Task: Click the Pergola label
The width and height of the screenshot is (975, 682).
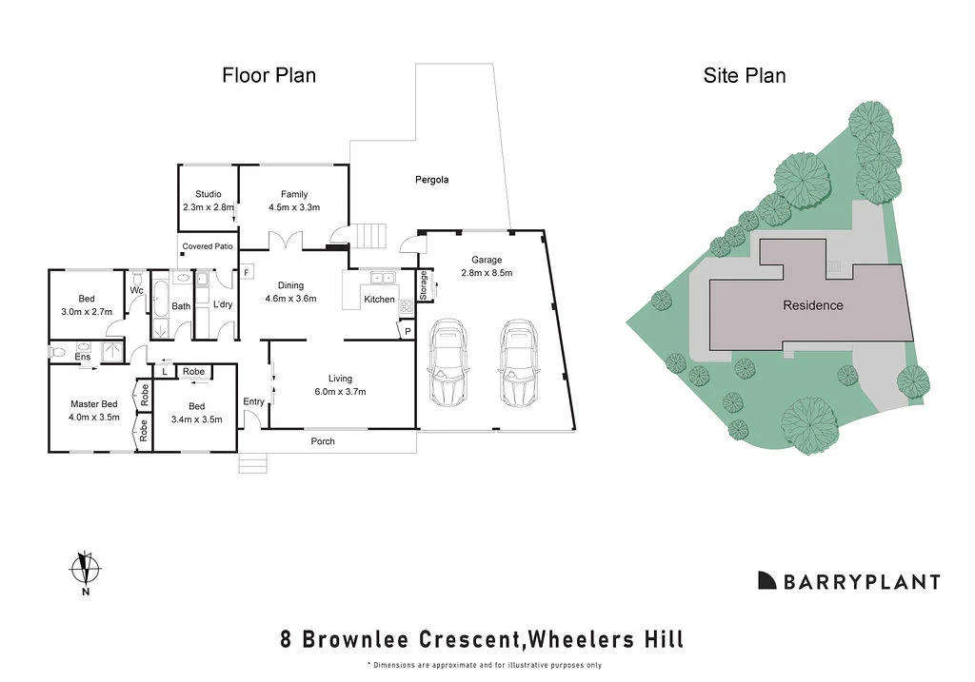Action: tap(431, 180)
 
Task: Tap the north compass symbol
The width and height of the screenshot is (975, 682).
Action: tap(85, 569)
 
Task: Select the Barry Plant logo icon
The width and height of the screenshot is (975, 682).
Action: tap(766, 580)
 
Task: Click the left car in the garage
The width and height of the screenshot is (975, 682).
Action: tap(448, 361)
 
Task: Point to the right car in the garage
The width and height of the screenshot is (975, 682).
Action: tap(518, 361)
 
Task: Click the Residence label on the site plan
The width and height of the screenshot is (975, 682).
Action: tap(813, 305)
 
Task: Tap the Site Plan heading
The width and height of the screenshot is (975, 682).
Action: tap(745, 76)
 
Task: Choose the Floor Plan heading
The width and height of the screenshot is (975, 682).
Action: tap(269, 76)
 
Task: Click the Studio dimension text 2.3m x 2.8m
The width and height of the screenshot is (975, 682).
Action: tap(209, 207)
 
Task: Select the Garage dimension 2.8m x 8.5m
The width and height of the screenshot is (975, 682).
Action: tap(487, 273)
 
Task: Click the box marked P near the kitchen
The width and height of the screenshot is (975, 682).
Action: tap(408, 332)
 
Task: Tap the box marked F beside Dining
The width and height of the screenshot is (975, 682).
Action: tap(247, 273)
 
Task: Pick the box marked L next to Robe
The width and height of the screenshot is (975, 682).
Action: tap(164, 371)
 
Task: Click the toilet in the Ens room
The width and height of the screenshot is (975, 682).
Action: tap(58, 352)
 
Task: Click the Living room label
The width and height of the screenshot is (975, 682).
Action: tap(340, 379)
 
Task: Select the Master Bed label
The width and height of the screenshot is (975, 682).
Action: tap(94, 403)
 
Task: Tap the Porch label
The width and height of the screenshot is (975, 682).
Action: tap(323, 441)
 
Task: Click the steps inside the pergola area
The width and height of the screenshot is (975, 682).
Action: tap(371, 236)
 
